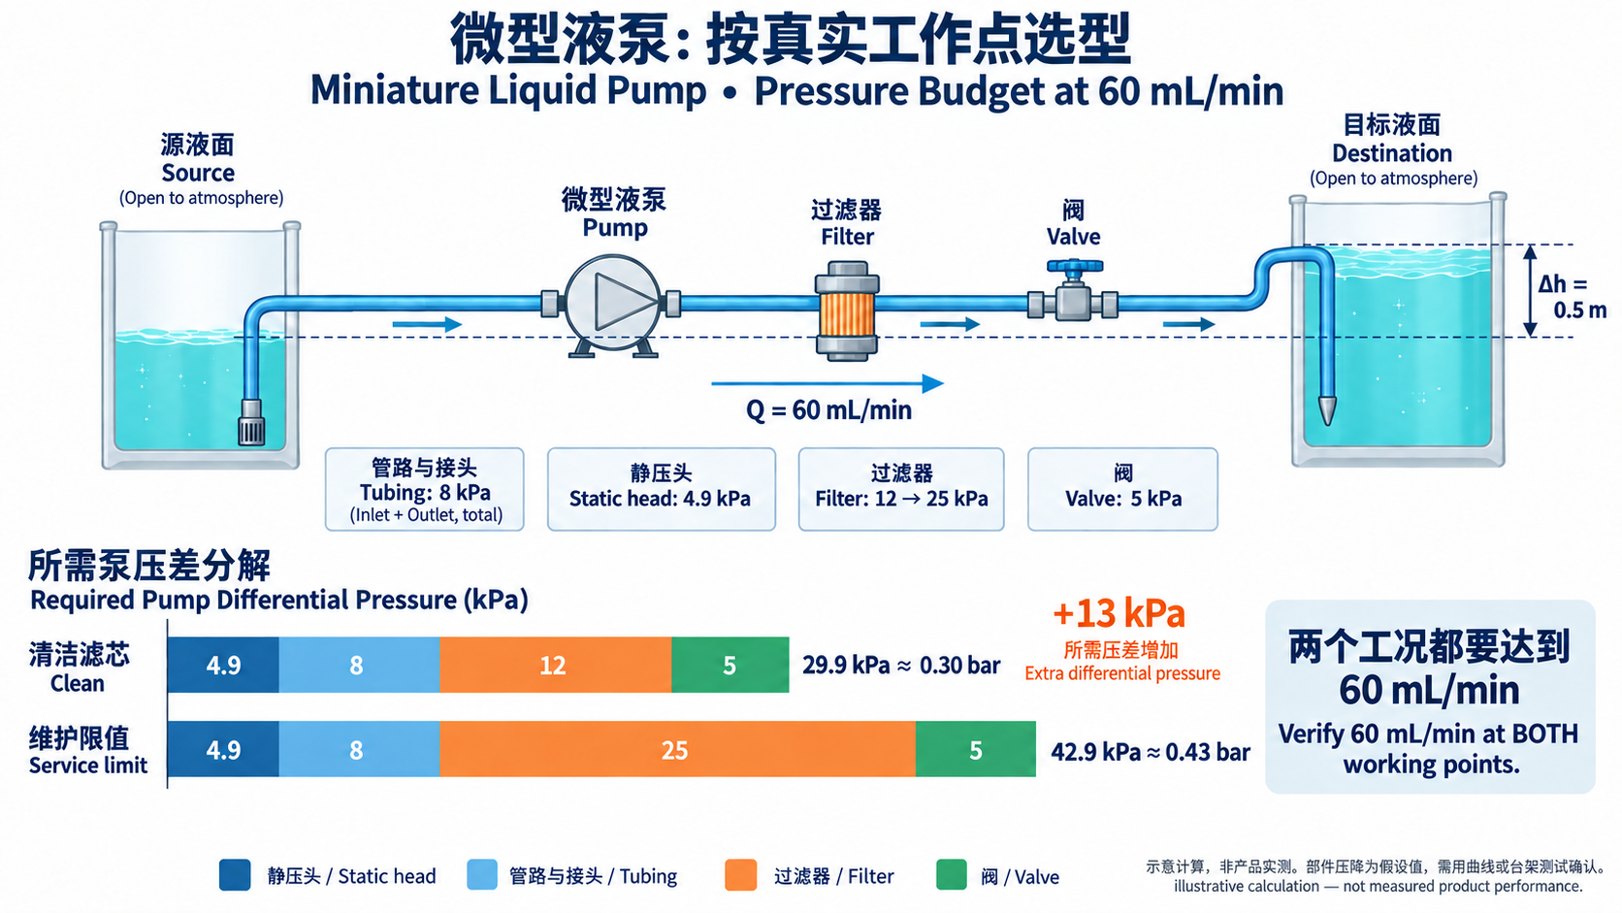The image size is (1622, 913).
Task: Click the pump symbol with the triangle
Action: point(612,303)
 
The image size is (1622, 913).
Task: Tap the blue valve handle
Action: point(1075,267)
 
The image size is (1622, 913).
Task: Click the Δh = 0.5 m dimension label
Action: point(1572,297)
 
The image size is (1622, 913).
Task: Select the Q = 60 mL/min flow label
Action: point(828,410)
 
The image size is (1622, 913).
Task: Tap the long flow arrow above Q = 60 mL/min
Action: point(827,383)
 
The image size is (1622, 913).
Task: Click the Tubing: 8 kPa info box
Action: point(424,489)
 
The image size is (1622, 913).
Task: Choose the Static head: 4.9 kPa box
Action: point(661,489)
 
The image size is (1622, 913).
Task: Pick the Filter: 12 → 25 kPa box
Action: point(901,489)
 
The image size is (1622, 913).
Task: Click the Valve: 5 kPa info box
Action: point(1122,489)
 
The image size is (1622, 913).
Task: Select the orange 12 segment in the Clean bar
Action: point(556,665)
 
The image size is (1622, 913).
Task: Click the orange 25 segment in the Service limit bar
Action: point(677,749)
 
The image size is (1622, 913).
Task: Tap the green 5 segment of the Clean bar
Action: point(730,665)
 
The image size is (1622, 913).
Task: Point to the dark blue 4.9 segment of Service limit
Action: point(223,749)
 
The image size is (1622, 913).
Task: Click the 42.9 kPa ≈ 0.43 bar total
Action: point(1150,752)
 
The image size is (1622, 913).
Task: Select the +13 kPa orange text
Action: point(1119,613)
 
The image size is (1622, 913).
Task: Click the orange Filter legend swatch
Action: point(741,874)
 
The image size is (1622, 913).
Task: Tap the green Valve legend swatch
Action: point(952,874)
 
